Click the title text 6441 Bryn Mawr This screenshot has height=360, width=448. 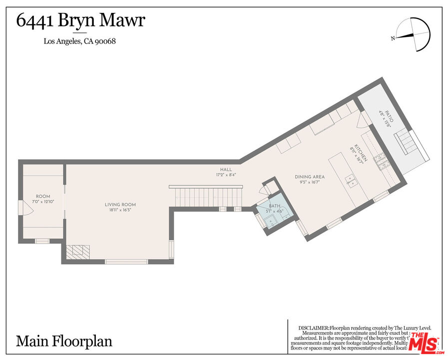click(x=81, y=21)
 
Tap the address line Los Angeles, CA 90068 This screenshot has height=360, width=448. click(x=80, y=41)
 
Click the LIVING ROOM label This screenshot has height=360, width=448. click(x=120, y=204)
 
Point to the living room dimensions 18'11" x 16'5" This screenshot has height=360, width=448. click(x=120, y=210)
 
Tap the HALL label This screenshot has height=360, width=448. click(x=226, y=169)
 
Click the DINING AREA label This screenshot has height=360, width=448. click(x=310, y=177)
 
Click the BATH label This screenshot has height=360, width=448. click(x=274, y=206)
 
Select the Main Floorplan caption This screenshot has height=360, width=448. click(x=64, y=341)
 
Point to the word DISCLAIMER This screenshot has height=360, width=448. click(x=314, y=328)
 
